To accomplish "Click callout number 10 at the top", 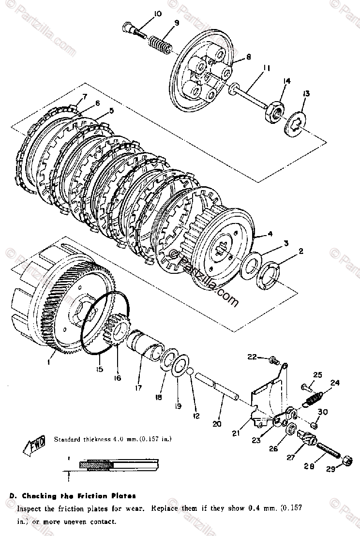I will click(x=157, y=13).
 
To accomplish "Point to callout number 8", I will click(x=248, y=57).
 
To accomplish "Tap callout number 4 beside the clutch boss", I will click(x=270, y=234).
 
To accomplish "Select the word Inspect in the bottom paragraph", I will click(x=30, y=509).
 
